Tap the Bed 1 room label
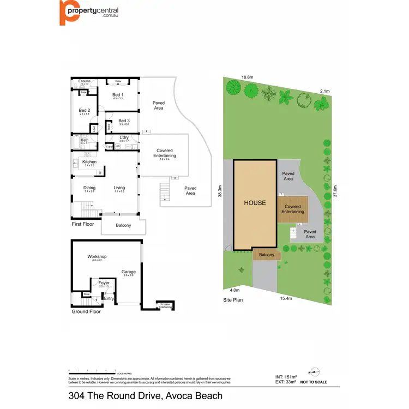click(x=118, y=95)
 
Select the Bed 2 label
click(x=84, y=110)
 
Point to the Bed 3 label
click(x=124, y=121)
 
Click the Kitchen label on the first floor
click(x=89, y=162)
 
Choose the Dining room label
click(x=89, y=188)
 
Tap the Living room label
click(x=119, y=188)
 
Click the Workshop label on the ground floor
click(x=97, y=256)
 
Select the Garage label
click(x=128, y=272)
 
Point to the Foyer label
click(x=104, y=283)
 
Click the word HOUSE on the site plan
click(x=255, y=203)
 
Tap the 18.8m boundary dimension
click(x=248, y=77)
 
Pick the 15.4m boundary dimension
click(x=286, y=298)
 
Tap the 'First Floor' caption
click(x=83, y=224)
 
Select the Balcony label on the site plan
click(x=267, y=255)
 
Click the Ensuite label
click(x=85, y=81)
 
